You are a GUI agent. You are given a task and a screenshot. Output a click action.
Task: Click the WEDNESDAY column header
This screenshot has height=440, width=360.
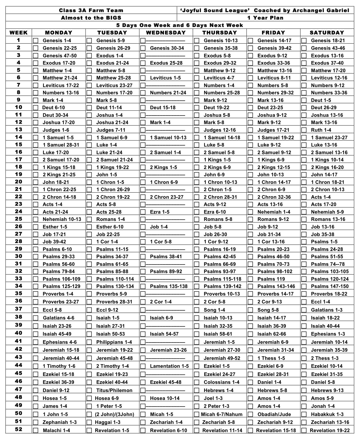(166, 33)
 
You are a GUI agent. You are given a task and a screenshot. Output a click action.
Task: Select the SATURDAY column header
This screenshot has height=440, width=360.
(327, 33)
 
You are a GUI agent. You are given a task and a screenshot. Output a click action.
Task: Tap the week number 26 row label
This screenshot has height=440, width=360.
(19, 226)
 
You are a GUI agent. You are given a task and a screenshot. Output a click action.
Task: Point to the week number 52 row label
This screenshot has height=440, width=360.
(19, 429)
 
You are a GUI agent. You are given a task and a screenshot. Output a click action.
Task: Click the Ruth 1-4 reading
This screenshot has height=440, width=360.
(321, 130)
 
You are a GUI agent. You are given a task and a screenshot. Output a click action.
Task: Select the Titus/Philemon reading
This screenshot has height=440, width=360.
(114, 390)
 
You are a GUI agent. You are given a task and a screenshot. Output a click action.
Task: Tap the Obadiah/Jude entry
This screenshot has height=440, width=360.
(274, 414)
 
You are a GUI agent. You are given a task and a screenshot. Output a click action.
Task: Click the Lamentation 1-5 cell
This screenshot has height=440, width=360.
(169, 366)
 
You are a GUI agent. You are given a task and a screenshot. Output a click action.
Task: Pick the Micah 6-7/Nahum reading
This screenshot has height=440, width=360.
(222, 414)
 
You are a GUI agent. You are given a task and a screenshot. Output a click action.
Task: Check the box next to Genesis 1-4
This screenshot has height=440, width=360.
(36, 41)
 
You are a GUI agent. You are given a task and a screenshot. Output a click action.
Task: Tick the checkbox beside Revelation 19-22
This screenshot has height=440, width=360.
(304, 430)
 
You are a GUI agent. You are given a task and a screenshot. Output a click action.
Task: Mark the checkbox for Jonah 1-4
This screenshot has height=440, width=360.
(304, 406)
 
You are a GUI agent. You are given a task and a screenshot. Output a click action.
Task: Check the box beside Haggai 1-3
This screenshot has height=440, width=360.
(89, 422)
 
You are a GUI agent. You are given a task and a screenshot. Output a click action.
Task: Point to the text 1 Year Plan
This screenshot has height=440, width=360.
(265, 18)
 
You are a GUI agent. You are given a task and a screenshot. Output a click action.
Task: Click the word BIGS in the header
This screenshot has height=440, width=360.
(113, 18)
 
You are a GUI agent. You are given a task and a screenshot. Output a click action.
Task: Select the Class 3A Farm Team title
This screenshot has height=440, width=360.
(91, 10)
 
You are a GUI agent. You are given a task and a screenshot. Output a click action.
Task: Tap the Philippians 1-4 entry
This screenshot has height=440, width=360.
(114, 342)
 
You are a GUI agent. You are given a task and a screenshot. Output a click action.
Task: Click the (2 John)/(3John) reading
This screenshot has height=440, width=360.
(114, 414)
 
